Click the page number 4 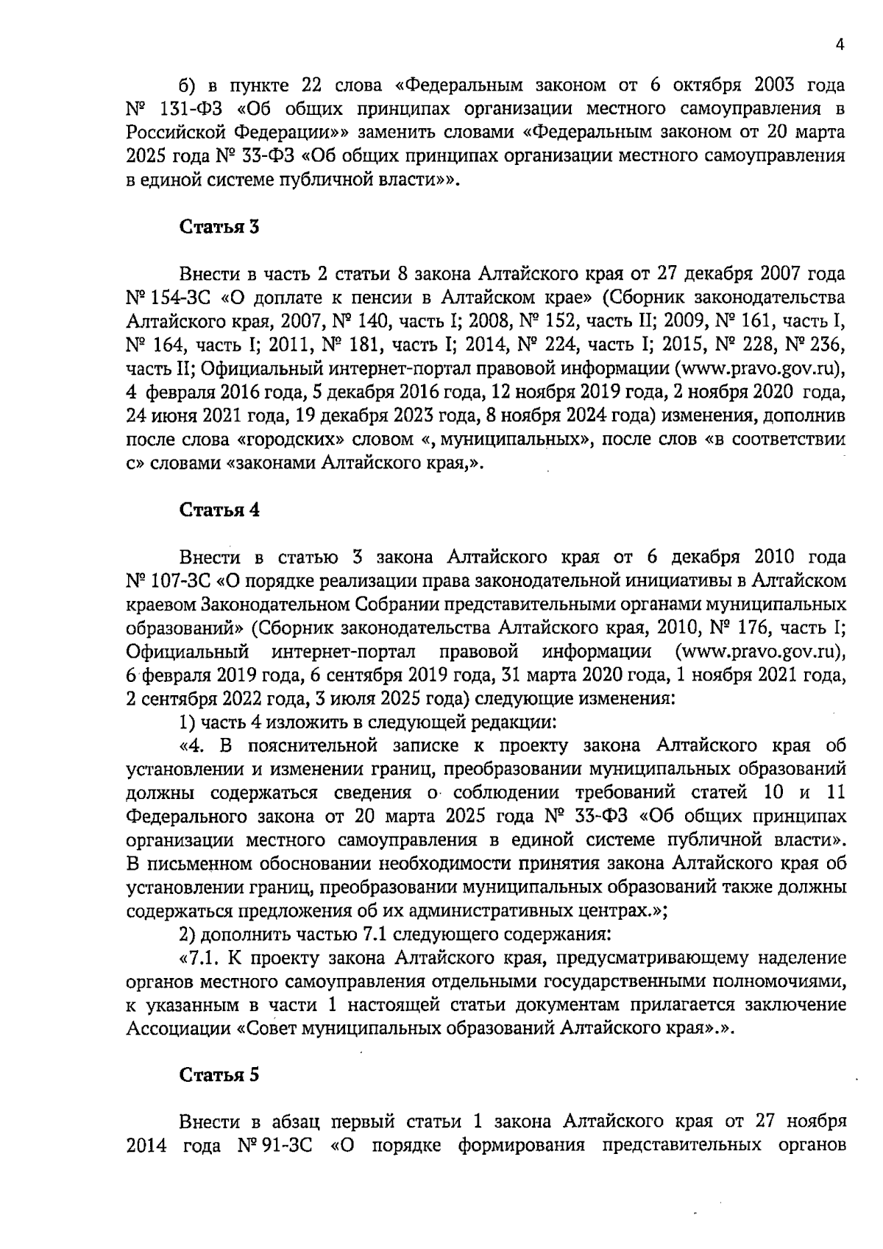tap(840, 44)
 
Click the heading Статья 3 tap(220, 227)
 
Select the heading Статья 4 tap(220, 510)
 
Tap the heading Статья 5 tap(220, 1074)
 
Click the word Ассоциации tap(179, 1028)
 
